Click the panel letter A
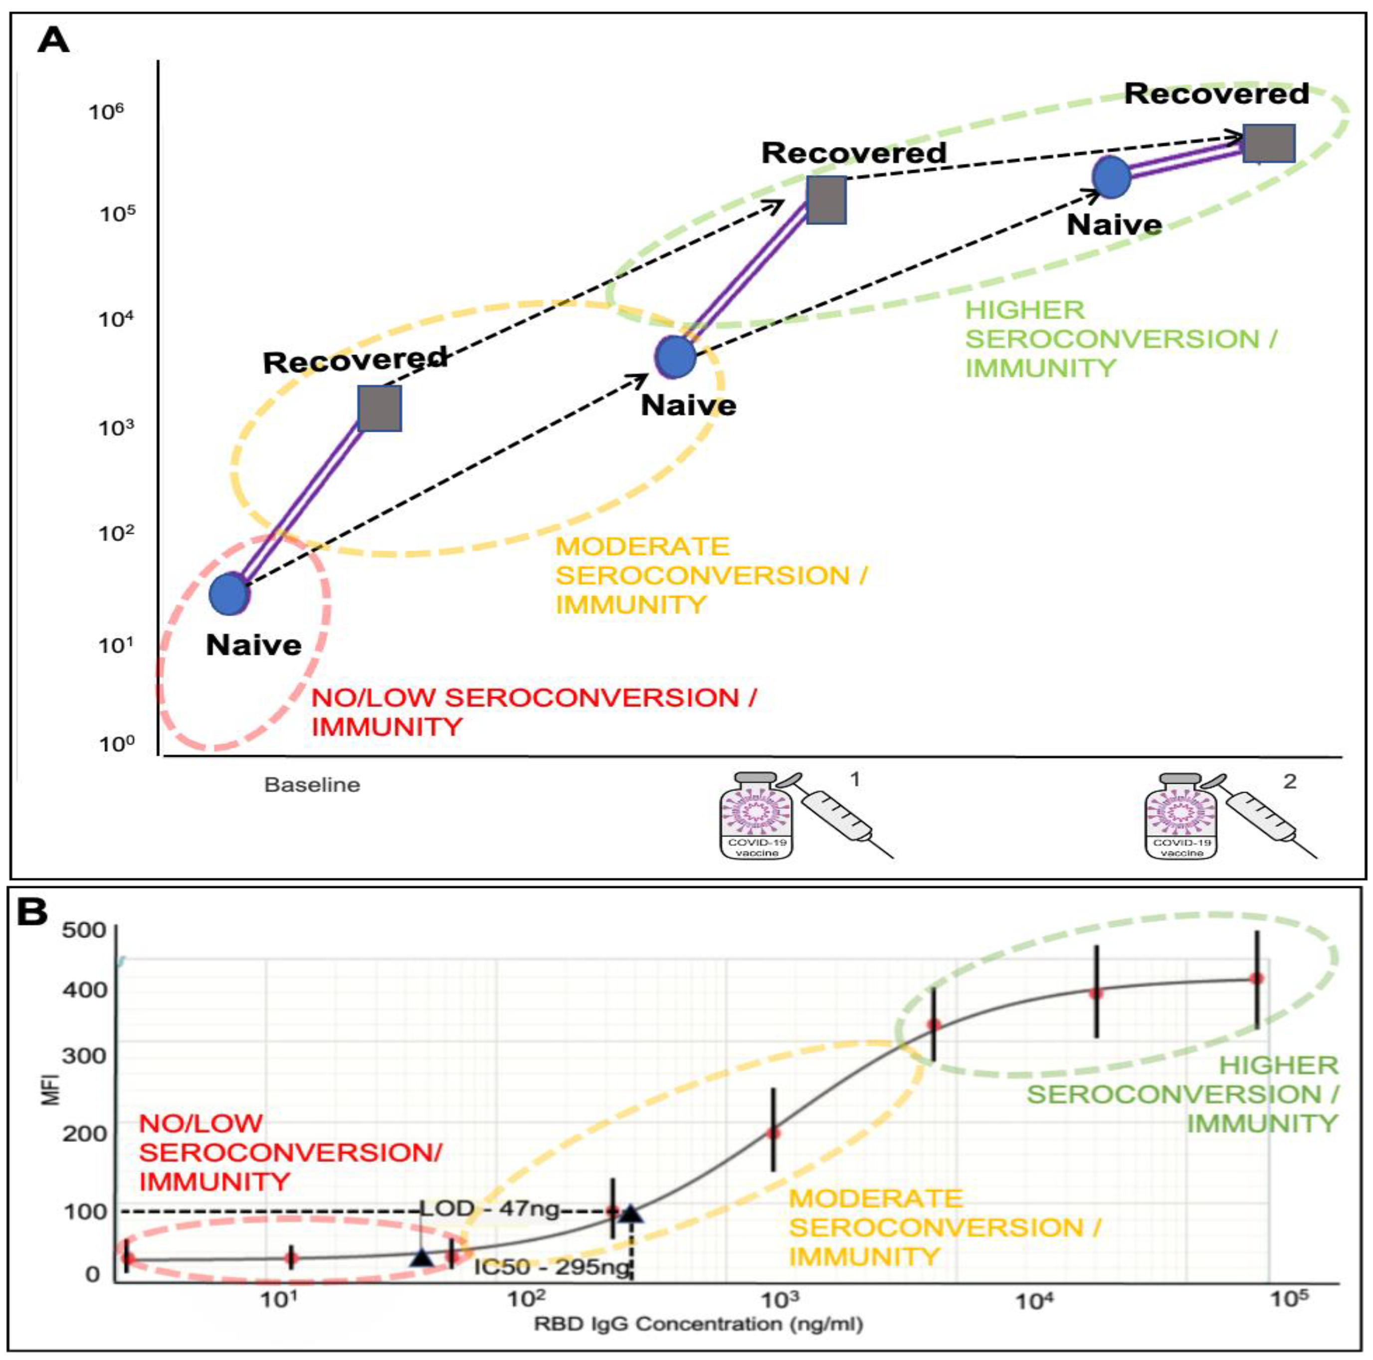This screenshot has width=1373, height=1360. tap(53, 40)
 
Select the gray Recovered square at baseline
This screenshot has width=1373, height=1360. tap(380, 409)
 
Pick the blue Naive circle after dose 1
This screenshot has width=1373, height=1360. tap(675, 357)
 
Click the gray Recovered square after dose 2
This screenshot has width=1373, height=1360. tap(1269, 144)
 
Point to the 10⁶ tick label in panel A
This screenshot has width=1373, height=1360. tap(106, 112)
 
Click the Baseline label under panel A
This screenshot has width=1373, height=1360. tap(312, 785)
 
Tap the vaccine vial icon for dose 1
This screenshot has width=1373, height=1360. tap(758, 816)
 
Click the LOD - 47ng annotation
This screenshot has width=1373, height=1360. tap(490, 1208)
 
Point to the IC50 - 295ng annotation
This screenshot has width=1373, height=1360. tap(552, 1267)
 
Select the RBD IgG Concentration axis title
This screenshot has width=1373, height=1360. tap(699, 1324)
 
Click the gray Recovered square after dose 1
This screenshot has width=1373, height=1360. tap(826, 200)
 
